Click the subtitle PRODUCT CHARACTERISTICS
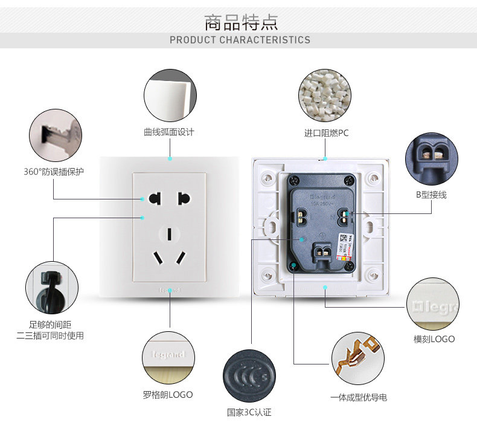click(x=240, y=40)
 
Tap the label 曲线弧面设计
click(x=169, y=132)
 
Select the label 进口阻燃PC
click(x=326, y=133)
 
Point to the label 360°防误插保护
click(x=54, y=172)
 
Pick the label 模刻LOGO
click(x=434, y=338)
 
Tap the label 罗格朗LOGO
click(x=168, y=394)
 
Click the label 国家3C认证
click(x=249, y=412)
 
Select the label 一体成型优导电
click(x=359, y=397)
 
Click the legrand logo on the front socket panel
click(x=170, y=290)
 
